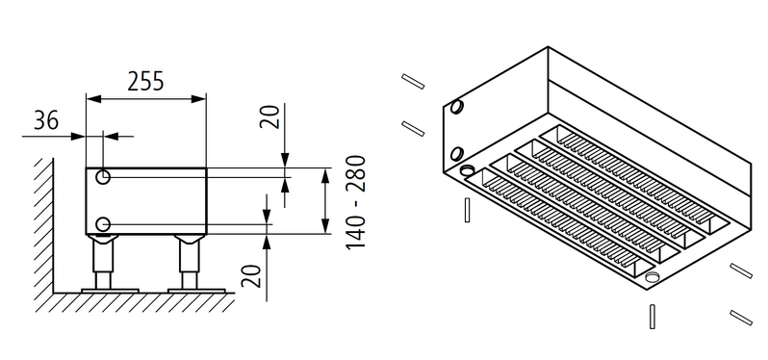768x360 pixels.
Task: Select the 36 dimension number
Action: pyautogui.click(x=44, y=121)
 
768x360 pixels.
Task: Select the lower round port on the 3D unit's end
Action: pyautogui.click(x=456, y=151)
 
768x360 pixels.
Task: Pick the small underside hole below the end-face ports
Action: pyautogui.click(x=469, y=171)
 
